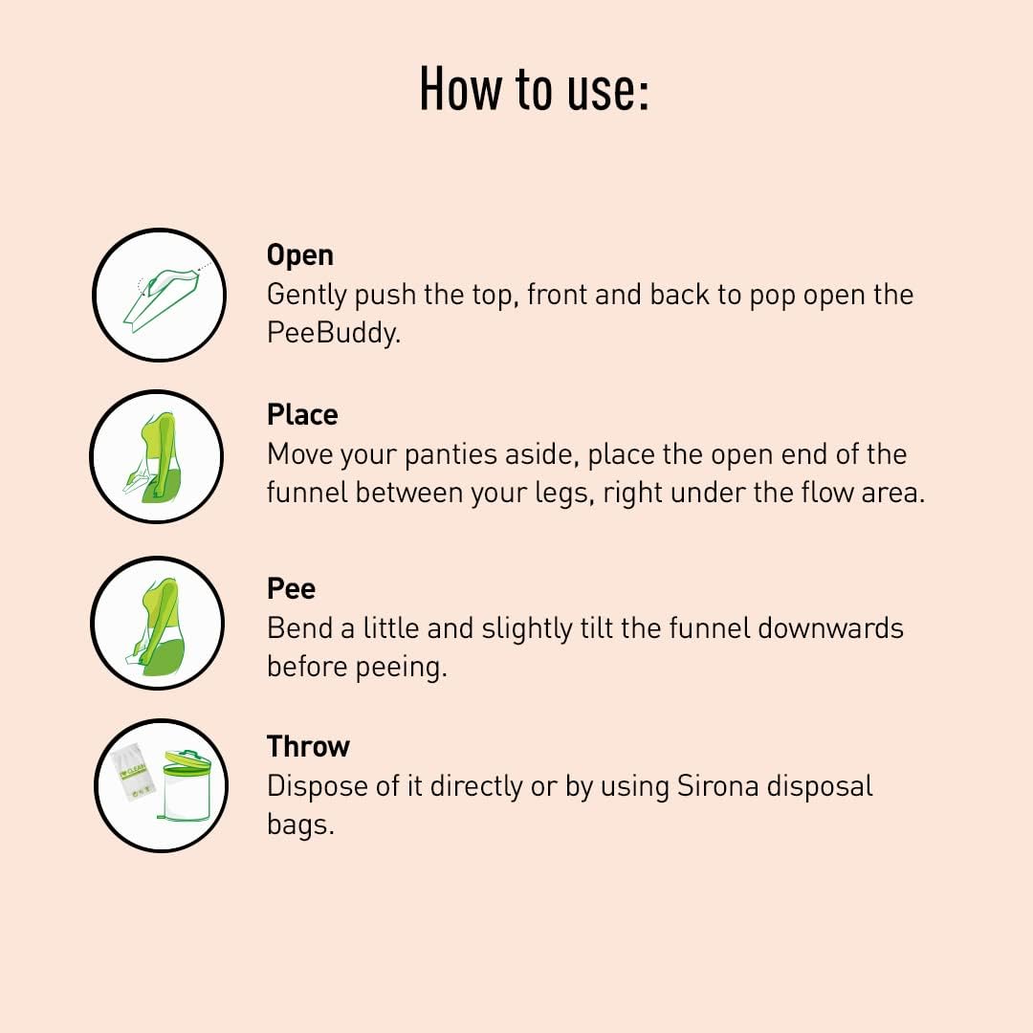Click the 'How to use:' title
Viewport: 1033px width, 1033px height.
click(x=534, y=89)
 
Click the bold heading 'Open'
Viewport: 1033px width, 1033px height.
click(x=299, y=255)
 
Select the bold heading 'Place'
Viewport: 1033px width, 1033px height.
click(x=302, y=415)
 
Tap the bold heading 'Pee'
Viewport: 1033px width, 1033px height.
click(x=291, y=588)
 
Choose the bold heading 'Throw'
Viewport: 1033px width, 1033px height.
click(x=308, y=746)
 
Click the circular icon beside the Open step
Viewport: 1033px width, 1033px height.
click(x=159, y=295)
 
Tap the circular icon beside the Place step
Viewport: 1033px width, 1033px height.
click(x=157, y=456)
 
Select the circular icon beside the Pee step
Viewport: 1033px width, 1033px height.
click(x=158, y=623)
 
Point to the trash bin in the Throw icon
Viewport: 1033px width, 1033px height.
click(x=187, y=785)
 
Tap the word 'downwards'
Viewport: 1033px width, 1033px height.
click(x=830, y=628)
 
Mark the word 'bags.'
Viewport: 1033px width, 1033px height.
click(x=300, y=824)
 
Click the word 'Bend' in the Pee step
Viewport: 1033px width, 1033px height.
click(x=300, y=628)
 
